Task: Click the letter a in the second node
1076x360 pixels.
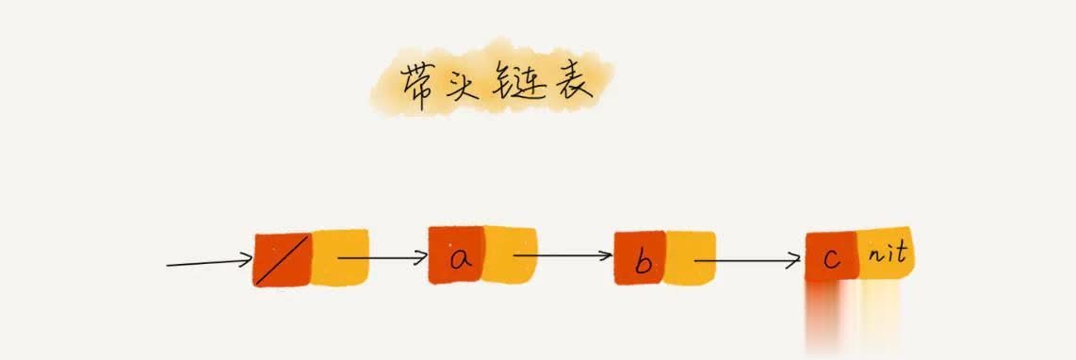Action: click(x=460, y=257)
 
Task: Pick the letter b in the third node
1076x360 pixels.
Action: click(x=643, y=261)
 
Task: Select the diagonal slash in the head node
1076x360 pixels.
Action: click(x=281, y=261)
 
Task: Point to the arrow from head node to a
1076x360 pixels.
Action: click(x=382, y=256)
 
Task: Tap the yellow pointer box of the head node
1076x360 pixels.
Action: click(x=339, y=256)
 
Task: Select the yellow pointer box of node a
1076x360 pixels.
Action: click(x=510, y=254)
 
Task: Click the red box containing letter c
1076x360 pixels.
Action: click(x=831, y=257)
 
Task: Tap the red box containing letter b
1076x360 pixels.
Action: click(x=641, y=257)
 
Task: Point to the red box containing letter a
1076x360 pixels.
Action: click(x=457, y=254)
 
